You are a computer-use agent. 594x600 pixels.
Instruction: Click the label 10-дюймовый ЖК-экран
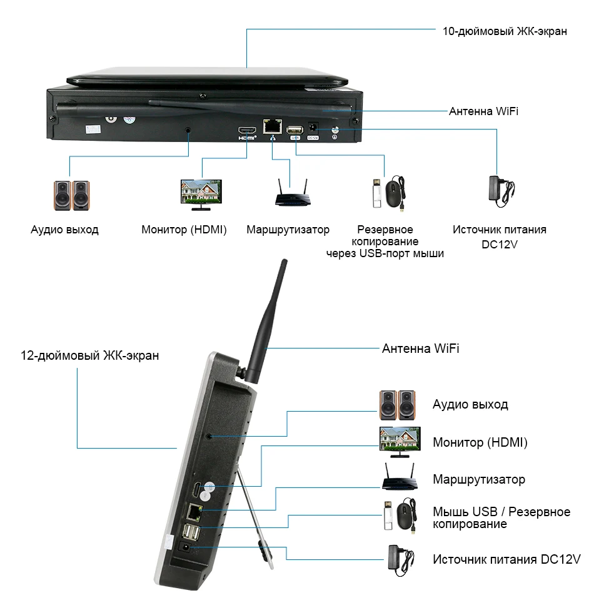coord(505,31)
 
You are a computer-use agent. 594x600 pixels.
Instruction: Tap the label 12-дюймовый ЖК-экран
coord(90,356)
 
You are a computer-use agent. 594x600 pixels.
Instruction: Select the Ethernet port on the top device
coord(271,126)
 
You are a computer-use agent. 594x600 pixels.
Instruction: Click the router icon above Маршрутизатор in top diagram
coord(292,193)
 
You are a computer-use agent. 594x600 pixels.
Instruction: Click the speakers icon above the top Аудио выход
coord(71,195)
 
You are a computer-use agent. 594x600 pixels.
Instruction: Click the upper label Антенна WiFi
coord(483,111)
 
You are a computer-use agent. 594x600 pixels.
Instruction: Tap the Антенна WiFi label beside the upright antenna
coord(420,348)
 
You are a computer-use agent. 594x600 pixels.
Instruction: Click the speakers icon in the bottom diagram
coord(398,405)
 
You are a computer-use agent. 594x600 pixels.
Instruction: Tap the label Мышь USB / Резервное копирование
coord(501,518)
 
